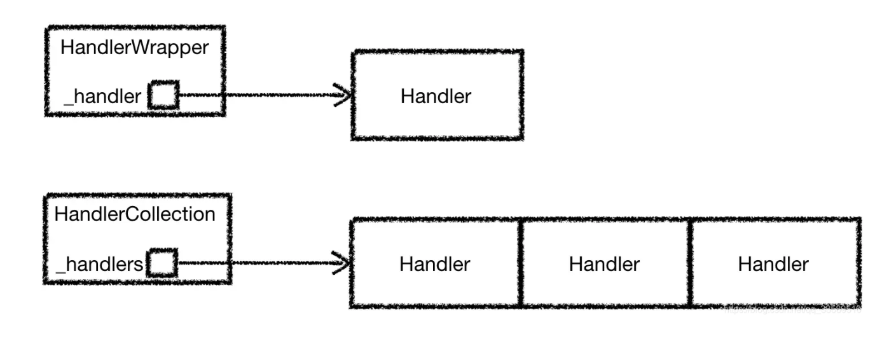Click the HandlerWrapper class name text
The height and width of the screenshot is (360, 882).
coord(135,48)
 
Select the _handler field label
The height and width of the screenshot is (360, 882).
coord(102,97)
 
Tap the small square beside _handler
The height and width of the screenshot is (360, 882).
coord(163,96)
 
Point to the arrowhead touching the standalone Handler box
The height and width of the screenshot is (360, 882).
coord(344,96)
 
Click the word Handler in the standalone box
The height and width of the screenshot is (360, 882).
coord(436,97)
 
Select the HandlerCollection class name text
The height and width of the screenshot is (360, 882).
coord(135,214)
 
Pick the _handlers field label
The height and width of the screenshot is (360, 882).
coord(100,264)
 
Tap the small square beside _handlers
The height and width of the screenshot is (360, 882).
coord(162,263)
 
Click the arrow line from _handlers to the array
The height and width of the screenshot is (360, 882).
coord(254,263)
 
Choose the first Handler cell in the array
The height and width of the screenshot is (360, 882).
coord(435,264)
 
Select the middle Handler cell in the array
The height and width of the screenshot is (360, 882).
coord(604,264)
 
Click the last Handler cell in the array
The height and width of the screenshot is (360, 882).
coord(773,264)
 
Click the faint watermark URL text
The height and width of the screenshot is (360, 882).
coord(792,308)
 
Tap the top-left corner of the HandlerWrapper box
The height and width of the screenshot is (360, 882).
coord(46,28)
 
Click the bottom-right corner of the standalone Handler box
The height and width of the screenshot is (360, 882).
coord(521,137)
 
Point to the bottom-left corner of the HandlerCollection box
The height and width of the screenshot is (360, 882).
coord(45,282)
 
